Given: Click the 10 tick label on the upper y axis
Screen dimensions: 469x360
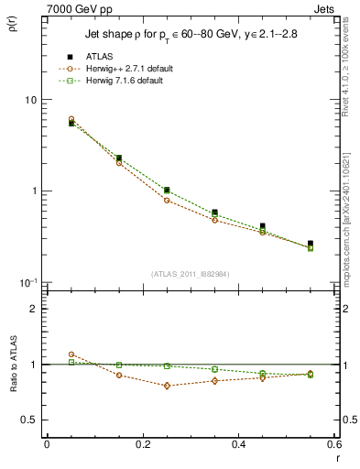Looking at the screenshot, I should click(x=31, y=100).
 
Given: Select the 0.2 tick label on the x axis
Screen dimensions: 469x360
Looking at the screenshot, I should click(x=142, y=443).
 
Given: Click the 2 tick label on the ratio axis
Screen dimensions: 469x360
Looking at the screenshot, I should click(x=36, y=309).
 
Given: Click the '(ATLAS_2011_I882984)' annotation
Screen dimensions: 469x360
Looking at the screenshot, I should click(x=190, y=274).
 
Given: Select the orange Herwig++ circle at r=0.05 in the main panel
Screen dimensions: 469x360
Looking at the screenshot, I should click(x=71, y=119).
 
